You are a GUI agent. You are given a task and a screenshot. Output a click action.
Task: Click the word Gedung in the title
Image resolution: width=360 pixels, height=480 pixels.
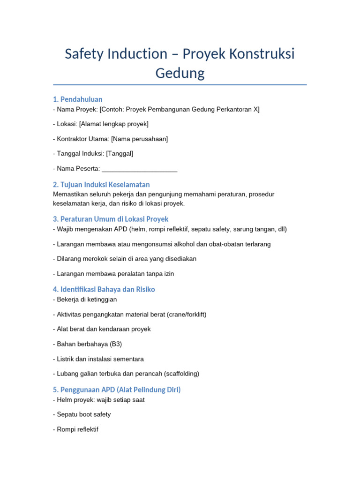[x=180, y=74]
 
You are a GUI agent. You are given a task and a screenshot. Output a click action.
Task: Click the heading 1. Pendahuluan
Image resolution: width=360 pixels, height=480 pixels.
[x=78, y=99]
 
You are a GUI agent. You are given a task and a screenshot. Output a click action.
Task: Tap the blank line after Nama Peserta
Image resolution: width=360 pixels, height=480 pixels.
[x=139, y=169]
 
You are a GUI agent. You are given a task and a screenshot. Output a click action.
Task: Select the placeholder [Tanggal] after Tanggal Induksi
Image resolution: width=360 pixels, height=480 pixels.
[x=120, y=154]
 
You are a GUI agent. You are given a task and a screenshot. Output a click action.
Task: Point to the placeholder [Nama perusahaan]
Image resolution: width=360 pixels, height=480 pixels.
[x=146, y=139]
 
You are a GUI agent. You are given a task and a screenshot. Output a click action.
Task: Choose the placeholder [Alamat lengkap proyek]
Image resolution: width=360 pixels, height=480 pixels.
[x=114, y=124]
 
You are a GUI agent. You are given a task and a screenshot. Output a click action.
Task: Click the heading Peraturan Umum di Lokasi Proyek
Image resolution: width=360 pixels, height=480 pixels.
[x=111, y=219]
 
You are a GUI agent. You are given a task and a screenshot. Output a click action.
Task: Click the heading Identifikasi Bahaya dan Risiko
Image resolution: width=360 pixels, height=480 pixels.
[x=104, y=289]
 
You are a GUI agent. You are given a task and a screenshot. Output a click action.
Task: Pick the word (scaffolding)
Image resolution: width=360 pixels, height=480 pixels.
[x=179, y=374]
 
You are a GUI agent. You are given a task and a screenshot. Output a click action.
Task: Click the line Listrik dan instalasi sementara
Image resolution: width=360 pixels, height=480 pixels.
[x=100, y=359]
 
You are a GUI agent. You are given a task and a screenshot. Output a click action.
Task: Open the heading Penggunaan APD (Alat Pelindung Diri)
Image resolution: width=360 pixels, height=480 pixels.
[x=117, y=390]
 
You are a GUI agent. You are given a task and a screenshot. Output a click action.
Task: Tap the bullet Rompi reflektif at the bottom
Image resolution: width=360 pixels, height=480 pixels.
[x=77, y=429]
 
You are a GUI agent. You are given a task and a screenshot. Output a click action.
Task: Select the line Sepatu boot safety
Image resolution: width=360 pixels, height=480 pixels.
[x=84, y=414]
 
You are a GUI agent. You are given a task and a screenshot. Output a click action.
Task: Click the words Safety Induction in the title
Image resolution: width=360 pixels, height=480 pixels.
[x=116, y=54]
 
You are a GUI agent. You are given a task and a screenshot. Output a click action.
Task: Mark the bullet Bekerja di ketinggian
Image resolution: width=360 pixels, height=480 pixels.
[x=87, y=299]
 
